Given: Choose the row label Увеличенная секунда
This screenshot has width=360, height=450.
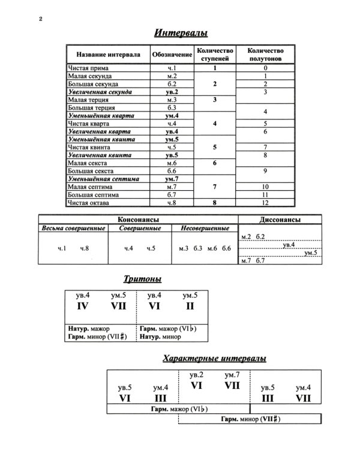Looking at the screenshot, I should [x=100, y=92].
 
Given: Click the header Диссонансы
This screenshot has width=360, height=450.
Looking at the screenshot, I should [x=280, y=219].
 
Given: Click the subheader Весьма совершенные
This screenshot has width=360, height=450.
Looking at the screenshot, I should [x=73, y=229].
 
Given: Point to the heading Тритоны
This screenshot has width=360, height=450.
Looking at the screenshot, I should [x=143, y=279].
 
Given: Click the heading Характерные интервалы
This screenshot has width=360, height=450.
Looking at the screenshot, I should [x=215, y=359].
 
